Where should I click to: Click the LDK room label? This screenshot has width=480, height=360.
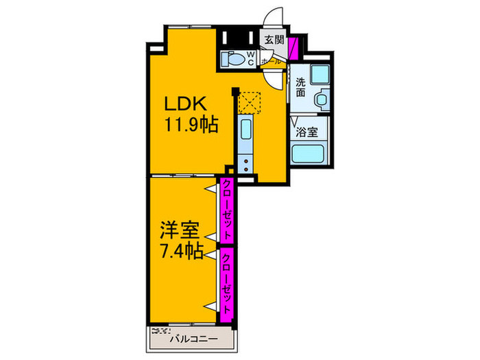click(186, 104)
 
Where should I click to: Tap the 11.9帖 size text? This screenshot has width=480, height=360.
click(191, 124)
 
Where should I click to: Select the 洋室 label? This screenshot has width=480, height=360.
click(180, 230)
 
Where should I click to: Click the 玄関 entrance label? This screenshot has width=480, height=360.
click(274, 40)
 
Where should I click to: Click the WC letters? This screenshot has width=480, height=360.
click(251, 58)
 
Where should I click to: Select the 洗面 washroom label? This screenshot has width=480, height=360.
click(300, 87)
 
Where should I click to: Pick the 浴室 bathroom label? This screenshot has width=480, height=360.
click(307, 132)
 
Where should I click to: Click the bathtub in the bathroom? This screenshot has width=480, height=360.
click(308, 154)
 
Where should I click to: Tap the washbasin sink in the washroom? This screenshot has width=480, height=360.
click(322, 99)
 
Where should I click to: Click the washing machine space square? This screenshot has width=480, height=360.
click(320, 74)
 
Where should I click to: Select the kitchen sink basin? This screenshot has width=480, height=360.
click(245, 129)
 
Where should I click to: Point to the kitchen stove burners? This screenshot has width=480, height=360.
click(245, 164)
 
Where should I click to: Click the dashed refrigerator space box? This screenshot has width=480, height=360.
click(249, 103)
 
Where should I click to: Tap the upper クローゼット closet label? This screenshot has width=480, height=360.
click(227, 210)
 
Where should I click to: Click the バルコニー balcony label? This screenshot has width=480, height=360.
click(194, 339)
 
